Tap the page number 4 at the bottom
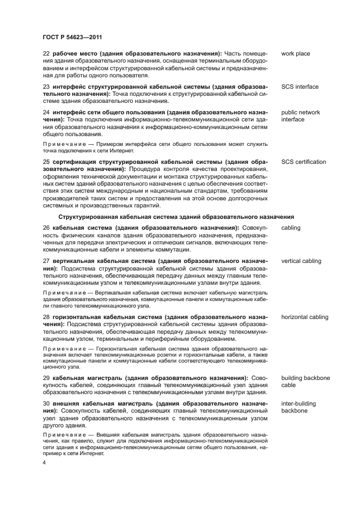[x=45, y=461]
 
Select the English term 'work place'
[x=296, y=54]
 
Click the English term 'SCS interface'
[x=300, y=87]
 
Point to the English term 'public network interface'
[x=300, y=116]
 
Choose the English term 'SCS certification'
[x=303, y=162]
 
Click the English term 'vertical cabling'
[x=301, y=261]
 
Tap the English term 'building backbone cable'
[x=304, y=381]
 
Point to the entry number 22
[x=46, y=54]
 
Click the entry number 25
[x=46, y=162]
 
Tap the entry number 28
[x=46, y=317]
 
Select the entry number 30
[x=46, y=403]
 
